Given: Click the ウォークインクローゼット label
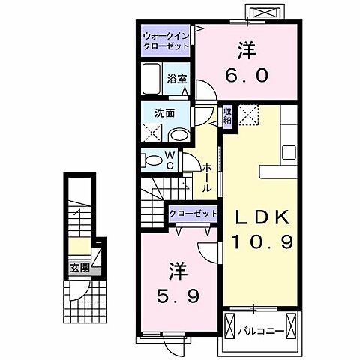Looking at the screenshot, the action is [166, 41].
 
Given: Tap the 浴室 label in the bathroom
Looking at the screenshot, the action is [177, 79].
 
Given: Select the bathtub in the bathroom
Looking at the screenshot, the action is [151, 79].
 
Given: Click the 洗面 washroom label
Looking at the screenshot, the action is [164, 113].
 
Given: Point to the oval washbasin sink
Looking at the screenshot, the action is [179, 135].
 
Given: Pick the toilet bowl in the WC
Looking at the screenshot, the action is [151, 160].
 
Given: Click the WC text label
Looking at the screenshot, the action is [169, 161].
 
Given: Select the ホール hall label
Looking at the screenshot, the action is [206, 178].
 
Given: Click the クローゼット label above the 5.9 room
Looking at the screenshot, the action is [193, 214].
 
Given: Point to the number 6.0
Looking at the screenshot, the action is [247, 75].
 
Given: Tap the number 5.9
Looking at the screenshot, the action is [178, 295].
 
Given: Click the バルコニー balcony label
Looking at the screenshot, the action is [261, 331].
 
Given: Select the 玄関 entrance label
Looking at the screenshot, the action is [79, 268].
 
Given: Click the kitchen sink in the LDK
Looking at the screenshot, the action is [289, 153].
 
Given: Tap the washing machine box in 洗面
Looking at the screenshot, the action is [152, 133].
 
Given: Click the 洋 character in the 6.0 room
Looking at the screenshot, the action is [247, 51].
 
